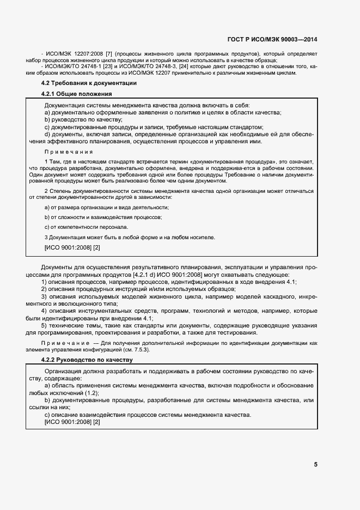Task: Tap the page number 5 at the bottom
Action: [316, 465]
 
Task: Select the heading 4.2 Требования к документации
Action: [89, 83]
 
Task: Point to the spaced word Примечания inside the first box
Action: [68, 152]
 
